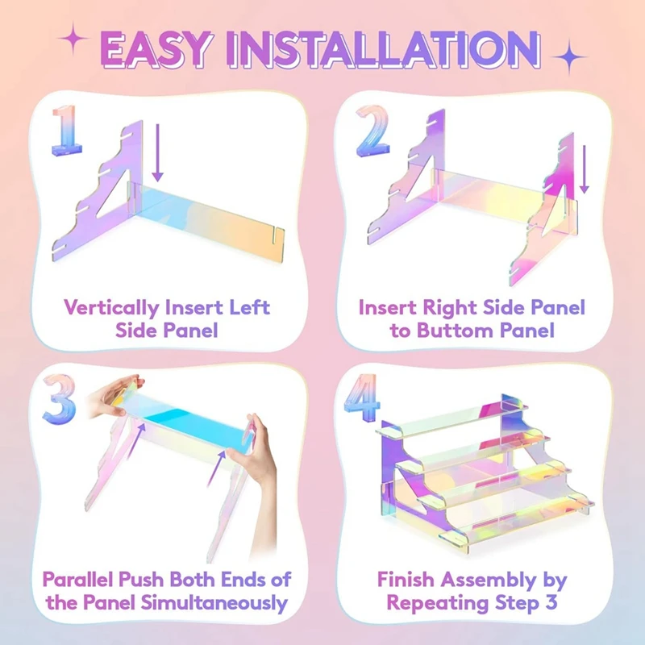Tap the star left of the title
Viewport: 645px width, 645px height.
click(73, 39)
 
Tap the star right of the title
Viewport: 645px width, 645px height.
click(569, 56)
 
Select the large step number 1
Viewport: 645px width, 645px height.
click(67, 131)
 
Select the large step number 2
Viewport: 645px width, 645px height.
click(372, 131)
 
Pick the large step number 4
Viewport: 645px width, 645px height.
click(361, 397)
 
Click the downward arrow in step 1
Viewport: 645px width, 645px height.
click(157, 153)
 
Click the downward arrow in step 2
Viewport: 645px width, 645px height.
click(584, 169)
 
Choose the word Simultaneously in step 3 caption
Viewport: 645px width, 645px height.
click(214, 603)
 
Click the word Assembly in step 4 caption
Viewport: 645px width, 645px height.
click(488, 580)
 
